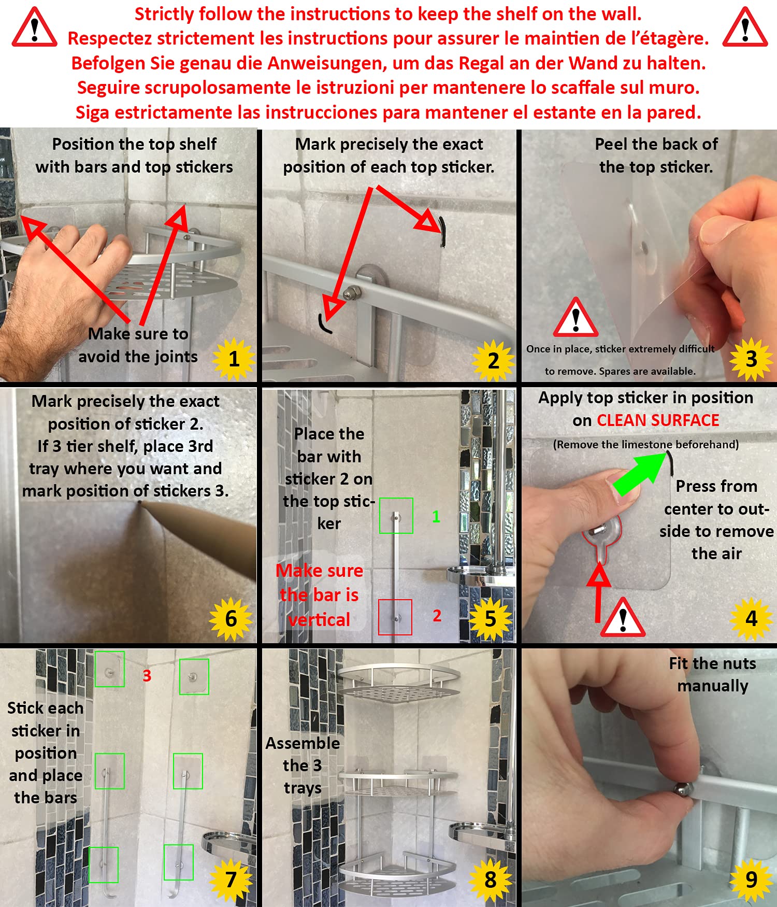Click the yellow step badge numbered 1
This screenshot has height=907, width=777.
tap(234, 359)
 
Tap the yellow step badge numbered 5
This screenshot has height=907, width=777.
tap(490, 619)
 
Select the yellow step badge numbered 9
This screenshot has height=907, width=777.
tap(751, 880)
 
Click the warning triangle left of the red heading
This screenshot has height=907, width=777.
tap(34, 28)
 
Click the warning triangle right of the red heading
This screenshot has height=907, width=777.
tap(745, 28)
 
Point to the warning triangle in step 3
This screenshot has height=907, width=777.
tap(575, 317)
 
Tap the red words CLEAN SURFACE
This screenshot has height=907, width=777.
tap(658, 420)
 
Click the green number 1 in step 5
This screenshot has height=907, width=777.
tap(436, 516)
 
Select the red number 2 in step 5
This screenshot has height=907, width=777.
tap(437, 616)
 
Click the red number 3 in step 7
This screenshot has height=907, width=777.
tap(147, 675)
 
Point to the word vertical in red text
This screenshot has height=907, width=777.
tap(319, 619)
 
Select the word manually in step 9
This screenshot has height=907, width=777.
tap(713, 686)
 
